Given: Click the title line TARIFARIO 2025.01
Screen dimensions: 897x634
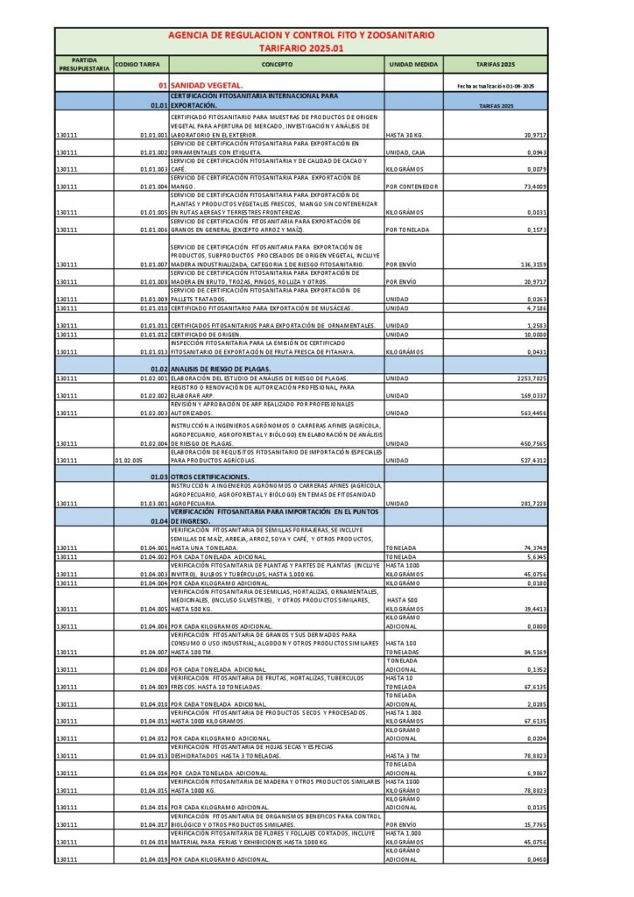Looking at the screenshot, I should click(x=299, y=48).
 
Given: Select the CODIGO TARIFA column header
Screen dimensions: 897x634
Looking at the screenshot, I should click(x=138, y=64).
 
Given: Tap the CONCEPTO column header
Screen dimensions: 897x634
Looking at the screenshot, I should click(x=277, y=64).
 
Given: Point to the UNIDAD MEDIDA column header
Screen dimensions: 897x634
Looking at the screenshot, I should click(x=413, y=64).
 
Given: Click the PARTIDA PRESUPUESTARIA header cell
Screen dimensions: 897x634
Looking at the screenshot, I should click(x=84, y=64).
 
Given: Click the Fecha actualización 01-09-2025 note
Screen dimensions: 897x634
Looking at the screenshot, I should click(x=496, y=86).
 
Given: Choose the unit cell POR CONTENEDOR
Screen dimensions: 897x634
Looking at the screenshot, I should click(x=412, y=187).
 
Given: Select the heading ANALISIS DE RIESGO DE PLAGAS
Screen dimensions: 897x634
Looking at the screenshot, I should click(x=221, y=369).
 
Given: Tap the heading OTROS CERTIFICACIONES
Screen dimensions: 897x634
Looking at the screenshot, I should click(x=210, y=477).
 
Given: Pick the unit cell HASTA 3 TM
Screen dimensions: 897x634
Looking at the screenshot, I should click(x=404, y=755).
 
